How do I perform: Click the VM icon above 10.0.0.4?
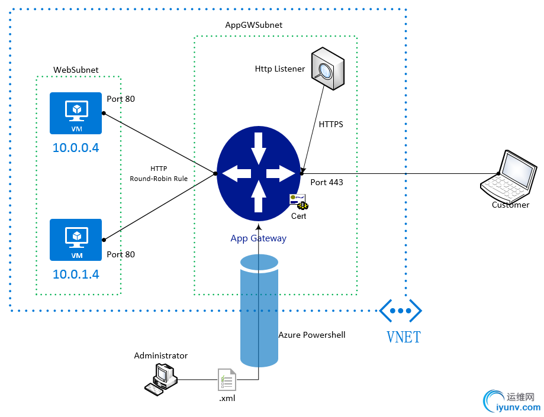click(x=76, y=113)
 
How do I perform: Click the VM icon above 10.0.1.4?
click(x=76, y=240)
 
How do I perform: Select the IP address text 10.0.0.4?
click(x=76, y=147)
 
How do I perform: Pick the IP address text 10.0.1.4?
click(x=76, y=274)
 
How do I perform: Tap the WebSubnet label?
click(x=76, y=70)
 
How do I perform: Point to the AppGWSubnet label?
click(x=254, y=25)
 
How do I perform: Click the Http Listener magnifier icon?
click(x=327, y=70)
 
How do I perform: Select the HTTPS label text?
click(x=331, y=125)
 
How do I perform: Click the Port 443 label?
click(x=327, y=182)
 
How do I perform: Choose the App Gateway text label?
click(x=259, y=238)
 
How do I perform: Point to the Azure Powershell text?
click(x=312, y=335)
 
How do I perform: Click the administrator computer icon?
click(x=160, y=377)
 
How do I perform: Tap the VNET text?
click(x=404, y=337)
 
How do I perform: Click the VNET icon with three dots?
click(x=401, y=311)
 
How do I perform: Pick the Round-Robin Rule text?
click(x=159, y=178)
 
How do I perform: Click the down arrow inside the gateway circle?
click(x=259, y=148)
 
